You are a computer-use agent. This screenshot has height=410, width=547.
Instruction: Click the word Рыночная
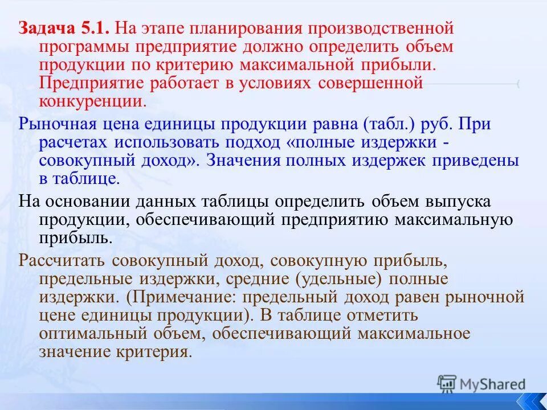(61, 124)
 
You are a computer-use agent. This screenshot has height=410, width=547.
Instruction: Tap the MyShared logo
(481, 384)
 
